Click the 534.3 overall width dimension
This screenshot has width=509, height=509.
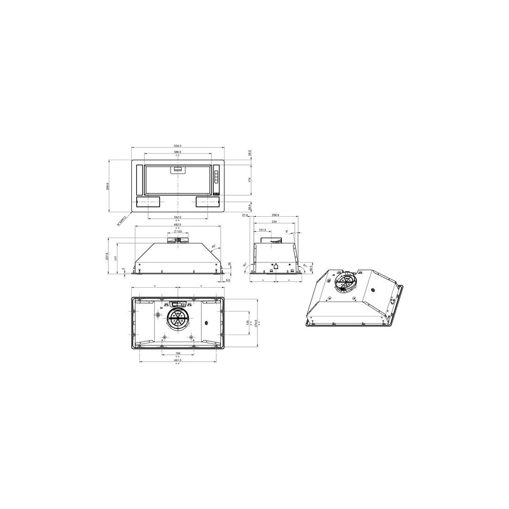178,146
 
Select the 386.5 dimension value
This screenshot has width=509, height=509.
177,152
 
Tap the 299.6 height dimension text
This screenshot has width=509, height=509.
108,186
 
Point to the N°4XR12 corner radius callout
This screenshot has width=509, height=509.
122,221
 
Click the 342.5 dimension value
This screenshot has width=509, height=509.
177,217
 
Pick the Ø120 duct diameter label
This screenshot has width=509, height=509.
177,232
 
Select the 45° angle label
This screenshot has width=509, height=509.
214,247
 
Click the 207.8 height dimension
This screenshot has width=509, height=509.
108,256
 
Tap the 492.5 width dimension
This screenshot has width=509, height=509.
177,224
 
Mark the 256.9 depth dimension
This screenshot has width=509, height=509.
274,215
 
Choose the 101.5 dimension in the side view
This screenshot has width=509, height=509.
262,230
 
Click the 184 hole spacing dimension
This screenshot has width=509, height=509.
177,353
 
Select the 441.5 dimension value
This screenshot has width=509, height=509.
177,360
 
